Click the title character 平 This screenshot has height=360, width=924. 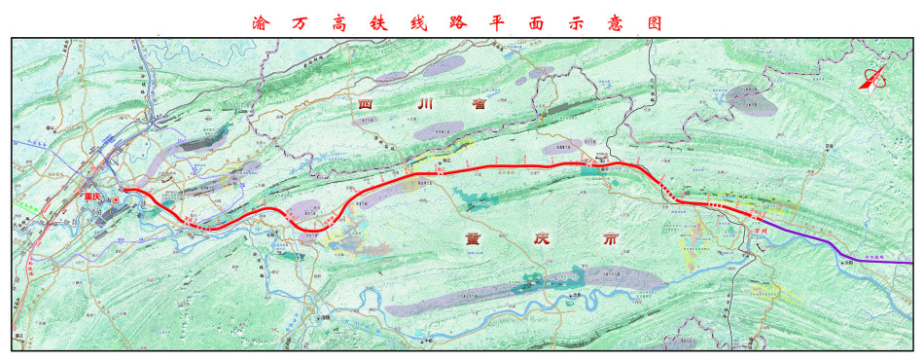(515, 22)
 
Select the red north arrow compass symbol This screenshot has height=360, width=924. (872, 80)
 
